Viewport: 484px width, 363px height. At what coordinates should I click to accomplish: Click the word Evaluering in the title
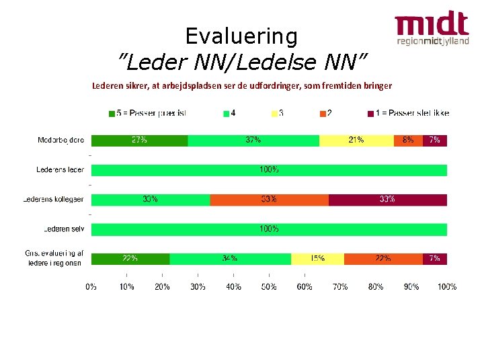(241, 36)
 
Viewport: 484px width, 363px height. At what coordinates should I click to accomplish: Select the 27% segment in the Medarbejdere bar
(139, 140)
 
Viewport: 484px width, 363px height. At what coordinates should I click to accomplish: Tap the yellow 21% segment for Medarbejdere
(356, 140)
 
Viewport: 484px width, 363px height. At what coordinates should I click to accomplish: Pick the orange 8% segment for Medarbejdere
(408, 140)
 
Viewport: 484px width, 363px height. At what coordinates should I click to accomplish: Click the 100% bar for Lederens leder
(269, 170)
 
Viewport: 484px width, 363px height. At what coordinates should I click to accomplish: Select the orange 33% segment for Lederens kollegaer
(269, 200)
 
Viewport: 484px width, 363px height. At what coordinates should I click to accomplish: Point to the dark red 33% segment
(387, 200)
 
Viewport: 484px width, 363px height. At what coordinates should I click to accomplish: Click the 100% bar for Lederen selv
(269, 229)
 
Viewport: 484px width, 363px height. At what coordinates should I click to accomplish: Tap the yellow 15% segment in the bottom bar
(317, 259)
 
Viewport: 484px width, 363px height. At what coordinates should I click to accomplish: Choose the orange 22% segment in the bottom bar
(383, 259)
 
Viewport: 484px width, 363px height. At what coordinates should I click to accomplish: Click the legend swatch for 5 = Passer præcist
(112, 113)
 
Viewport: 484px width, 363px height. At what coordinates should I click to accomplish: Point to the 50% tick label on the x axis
(269, 287)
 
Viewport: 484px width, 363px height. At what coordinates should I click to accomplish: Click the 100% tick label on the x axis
(446, 287)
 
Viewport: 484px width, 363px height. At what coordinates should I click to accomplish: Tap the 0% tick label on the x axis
(91, 287)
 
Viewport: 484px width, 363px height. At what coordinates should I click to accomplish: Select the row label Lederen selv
(65, 229)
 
